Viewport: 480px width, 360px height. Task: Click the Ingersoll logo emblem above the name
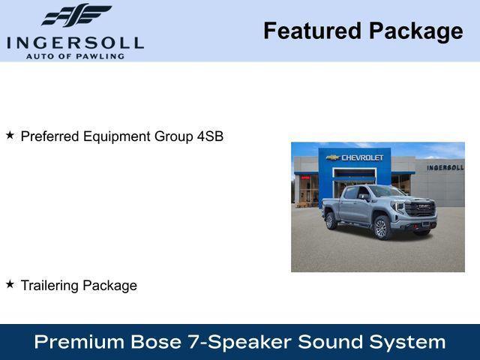[76, 15]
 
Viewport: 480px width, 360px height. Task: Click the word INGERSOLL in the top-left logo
[75, 41]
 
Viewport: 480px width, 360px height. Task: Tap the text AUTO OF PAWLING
[75, 55]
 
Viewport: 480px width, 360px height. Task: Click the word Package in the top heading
[415, 31]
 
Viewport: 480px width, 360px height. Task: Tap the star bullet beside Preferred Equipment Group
[10, 136]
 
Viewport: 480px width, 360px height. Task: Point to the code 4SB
[210, 136]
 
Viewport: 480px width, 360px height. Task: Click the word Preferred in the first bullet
[50, 136]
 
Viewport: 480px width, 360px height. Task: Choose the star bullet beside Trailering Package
[10, 284]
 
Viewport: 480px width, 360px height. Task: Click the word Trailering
[49, 286]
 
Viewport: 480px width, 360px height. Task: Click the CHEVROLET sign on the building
[362, 157]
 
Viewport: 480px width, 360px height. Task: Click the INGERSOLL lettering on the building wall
[445, 167]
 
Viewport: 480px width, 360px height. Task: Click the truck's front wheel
[381, 227]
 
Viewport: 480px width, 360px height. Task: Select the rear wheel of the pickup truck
[331, 220]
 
